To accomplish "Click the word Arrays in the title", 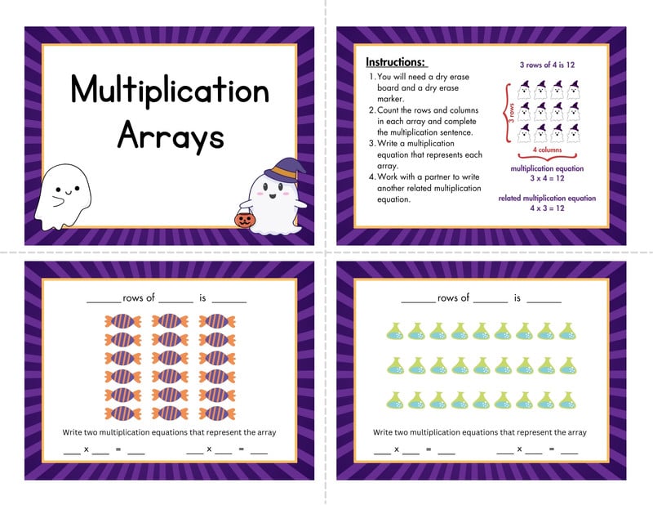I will pyautogui.click(x=169, y=134).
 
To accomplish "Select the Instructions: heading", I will pyautogui.click(x=395, y=62).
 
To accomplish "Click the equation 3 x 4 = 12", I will pyautogui.click(x=547, y=178).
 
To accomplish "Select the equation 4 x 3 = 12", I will pyautogui.click(x=547, y=208).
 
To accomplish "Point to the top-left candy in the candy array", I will pyautogui.click(x=123, y=321).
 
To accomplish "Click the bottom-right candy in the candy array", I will pyautogui.click(x=216, y=413).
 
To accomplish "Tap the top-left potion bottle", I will pyautogui.click(x=394, y=331).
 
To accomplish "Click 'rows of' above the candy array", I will pyautogui.click(x=139, y=298).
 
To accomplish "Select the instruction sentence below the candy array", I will pyautogui.click(x=167, y=432).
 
